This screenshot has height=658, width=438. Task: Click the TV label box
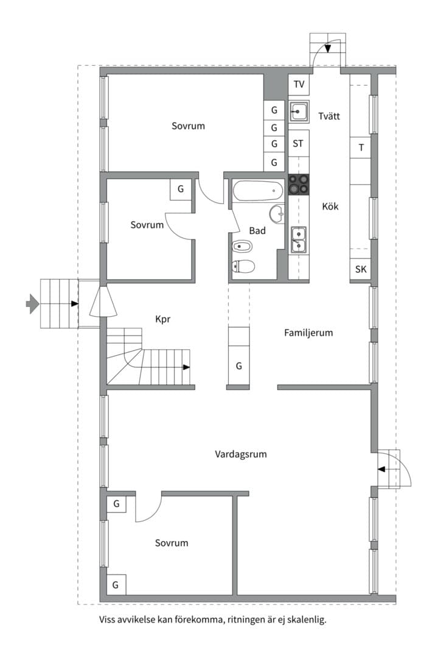pyautogui.click(x=299, y=85)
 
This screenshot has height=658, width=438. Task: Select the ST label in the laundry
pyautogui.click(x=298, y=144)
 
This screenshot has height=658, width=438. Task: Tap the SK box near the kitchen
pyautogui.click(x=361, y=269)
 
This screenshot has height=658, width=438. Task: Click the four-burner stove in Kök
pyautogui.click(x=299, y=185)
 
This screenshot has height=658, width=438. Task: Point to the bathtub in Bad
pyautogui.click(x=257, y=191)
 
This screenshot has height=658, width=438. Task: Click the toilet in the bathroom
pyautogui.click(x=243, y=266)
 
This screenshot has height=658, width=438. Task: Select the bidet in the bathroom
pyautogui.click(x=242, y=246)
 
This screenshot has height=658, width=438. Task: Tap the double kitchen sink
pyautogui.click(x=299, y=240)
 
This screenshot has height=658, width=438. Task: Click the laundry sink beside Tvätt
pyautogui.click(x=299, y=111)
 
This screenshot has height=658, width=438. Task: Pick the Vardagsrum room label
pyautogui.click(x=240, y=454)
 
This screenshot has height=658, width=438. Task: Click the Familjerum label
pyautogui.click(x=308, y=333)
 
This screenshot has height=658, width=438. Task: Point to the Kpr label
pyautogui.click(x=162, y=319)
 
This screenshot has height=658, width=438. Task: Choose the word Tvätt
pyautogui.click(x=329, y=116)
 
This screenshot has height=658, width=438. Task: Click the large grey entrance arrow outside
pyautogui.click(x=32, y=303)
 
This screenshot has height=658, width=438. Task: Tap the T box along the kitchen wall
pyautogui.click(x=361, y=147)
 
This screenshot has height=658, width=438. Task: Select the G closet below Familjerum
pyautogui.click(x=238, y=366)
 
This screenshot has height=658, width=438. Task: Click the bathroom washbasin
pyautogui.click(x=277, y=214)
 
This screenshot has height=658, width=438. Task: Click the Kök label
pyautogui.click(x=330, y=207)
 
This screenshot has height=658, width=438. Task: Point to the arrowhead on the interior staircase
pyautogui.click(x=187, y=367)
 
